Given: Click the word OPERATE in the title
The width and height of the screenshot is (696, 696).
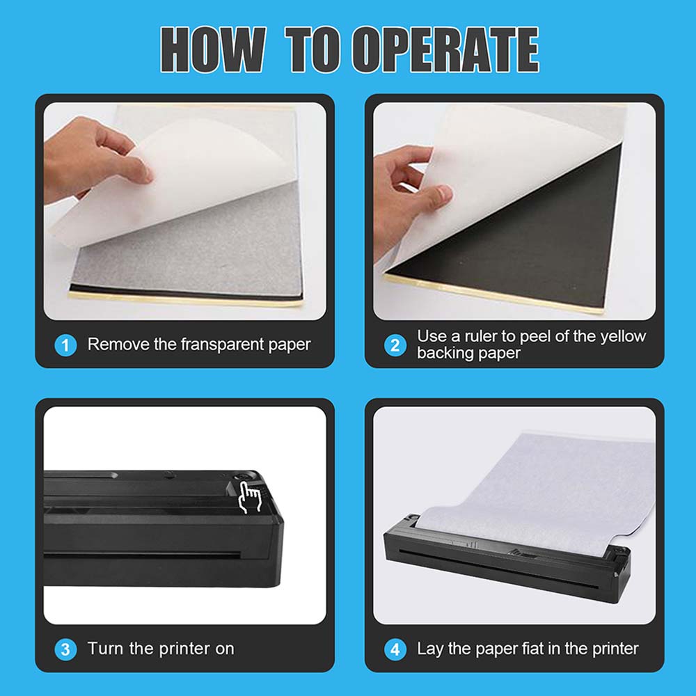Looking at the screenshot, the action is (445, 49).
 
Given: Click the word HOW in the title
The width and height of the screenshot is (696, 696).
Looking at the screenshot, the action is (213, 49).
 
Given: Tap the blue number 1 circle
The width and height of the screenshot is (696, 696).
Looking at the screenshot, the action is (65, 345).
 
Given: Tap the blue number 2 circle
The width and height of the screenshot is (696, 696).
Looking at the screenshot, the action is (395, 345).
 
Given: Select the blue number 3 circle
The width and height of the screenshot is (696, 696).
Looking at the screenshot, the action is (65, 649).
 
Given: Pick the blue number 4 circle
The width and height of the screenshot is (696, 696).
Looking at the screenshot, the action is (395, 649).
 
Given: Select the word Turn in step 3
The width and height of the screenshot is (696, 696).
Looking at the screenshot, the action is (105, 649).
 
